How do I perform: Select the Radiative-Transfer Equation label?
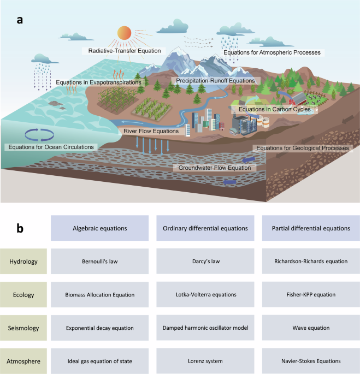(125, 51)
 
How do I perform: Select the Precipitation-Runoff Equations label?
(215, 80)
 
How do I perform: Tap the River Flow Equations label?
(151, 131)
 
